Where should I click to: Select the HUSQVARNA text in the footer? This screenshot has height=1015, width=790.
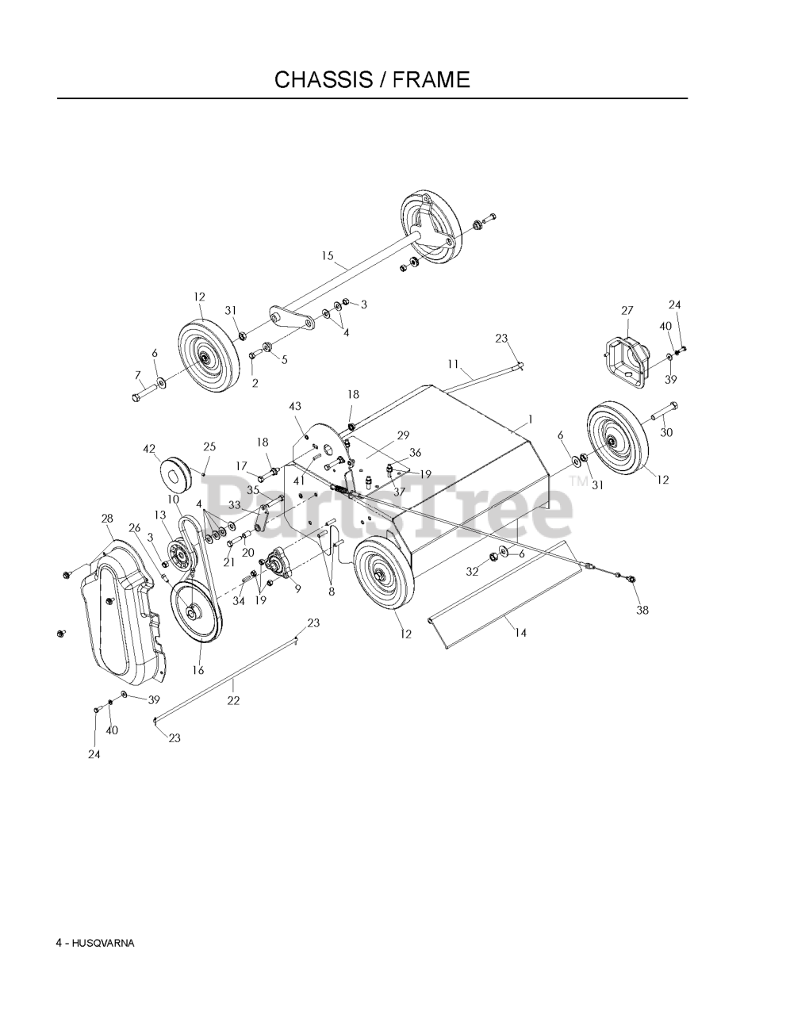pos(102,943)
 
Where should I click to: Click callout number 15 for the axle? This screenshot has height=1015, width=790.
pos(328,255)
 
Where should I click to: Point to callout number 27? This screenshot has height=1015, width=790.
pos(627,311)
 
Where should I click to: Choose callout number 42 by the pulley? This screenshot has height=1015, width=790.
pos(149,449)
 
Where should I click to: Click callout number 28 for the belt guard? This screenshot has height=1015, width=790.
pos(108,518)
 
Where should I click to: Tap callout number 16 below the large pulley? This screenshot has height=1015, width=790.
pos(197,669)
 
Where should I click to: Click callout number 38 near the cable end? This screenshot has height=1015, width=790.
pos(642,610)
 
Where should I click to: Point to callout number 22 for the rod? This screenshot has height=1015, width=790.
pos(233,700)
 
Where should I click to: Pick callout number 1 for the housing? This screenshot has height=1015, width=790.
pos(530,419)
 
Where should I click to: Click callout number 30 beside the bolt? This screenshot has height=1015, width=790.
pos(666,432)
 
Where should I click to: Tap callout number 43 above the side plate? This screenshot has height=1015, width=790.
pos(295,406)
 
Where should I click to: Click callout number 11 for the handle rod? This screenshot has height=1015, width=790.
pos(453,364)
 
